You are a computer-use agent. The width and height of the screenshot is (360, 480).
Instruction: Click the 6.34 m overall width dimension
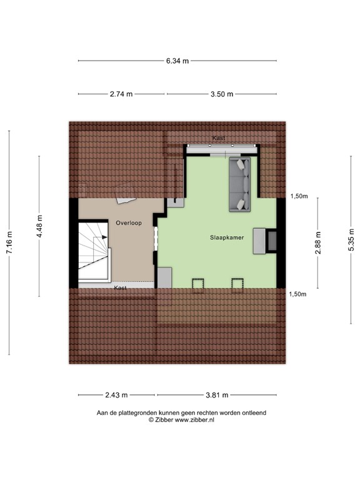click(177, 61)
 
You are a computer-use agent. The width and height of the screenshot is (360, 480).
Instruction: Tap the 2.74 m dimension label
click(121, 94)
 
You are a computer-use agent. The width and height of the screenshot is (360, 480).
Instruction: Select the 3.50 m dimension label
click(221, 94)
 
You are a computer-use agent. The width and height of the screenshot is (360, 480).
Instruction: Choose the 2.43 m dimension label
click(116, 395)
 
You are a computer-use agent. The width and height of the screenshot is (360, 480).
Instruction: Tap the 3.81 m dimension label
click(216, 395)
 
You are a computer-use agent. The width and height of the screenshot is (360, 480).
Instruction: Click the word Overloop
click(129, 222)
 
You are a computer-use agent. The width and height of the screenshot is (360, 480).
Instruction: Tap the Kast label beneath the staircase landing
click(120, 288)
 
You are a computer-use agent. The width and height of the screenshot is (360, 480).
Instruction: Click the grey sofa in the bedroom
click(240, 184)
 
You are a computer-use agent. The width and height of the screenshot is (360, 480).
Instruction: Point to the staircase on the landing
click(92, 253)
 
